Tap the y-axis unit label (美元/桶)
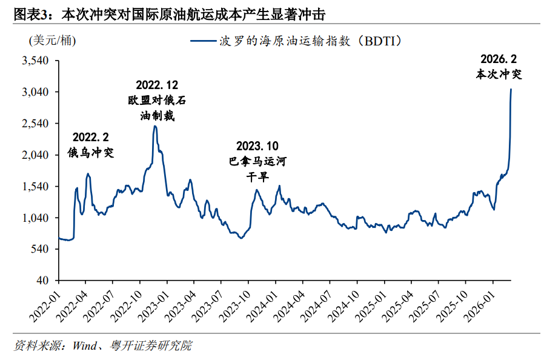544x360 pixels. (53, 41)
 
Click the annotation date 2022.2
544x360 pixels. (91, 138)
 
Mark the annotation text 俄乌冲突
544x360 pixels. (91, 152)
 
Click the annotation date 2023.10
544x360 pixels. (257, 146)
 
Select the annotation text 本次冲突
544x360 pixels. (498, 75)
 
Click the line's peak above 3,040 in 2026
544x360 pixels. (511, 90)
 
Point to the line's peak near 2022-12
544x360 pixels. (155, 126)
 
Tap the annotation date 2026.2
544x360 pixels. (498, 59)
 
